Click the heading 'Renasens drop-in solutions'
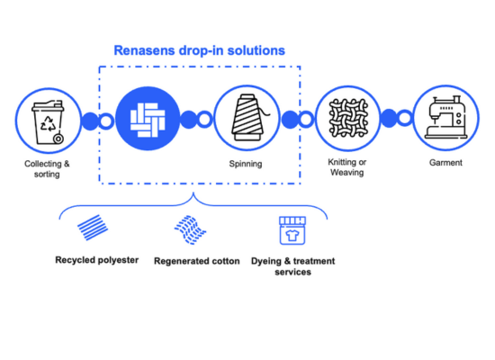pyautogui.click(x=199, y=50)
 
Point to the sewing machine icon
pyautogui.click(x=445, y=118)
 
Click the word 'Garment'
pyautogui.click(x=445, y=163)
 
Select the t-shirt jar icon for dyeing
pyautogui.click(x=292, y=229)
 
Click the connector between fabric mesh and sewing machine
pyautogui.click(x=395, y=119)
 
